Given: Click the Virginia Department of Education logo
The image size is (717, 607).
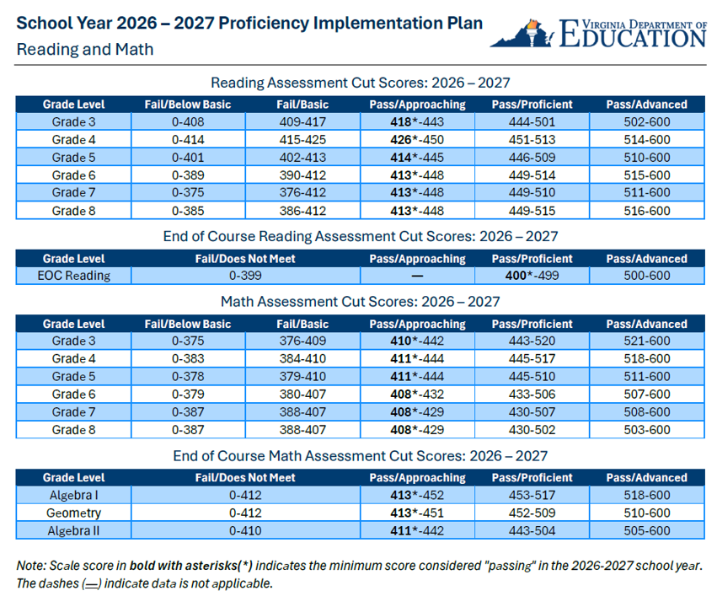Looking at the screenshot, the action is (598, 33).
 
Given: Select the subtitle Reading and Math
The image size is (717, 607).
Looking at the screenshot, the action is (85, 50).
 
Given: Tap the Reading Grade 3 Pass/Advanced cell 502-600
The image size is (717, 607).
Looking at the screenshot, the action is (646, 121).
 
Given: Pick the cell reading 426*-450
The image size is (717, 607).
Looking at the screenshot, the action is (417, 139).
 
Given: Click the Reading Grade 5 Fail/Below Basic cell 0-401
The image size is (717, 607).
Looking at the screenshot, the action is (188, 158).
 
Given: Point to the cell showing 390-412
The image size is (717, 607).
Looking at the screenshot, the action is (302, 175).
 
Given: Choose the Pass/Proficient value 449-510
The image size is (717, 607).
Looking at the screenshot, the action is (532, 192).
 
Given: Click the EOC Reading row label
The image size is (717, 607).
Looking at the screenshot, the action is (73, 276).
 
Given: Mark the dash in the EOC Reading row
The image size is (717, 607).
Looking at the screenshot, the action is (417, 276).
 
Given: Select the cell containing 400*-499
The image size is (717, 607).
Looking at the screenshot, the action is (532, 276).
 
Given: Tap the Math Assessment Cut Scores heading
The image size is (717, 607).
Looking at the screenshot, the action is (361, 302).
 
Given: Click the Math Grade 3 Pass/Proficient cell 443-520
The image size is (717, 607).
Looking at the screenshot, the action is (532, 341).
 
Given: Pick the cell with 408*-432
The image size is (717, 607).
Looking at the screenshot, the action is (417, 395).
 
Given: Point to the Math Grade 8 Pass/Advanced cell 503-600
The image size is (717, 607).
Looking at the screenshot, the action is (646, 430).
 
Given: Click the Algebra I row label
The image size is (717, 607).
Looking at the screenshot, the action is (73, 496).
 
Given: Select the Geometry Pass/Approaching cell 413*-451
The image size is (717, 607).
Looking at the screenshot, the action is (417, 513).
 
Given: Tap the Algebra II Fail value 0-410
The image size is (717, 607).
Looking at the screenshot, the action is (245, 530).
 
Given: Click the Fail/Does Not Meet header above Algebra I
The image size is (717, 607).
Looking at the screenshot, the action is (245, 478).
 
